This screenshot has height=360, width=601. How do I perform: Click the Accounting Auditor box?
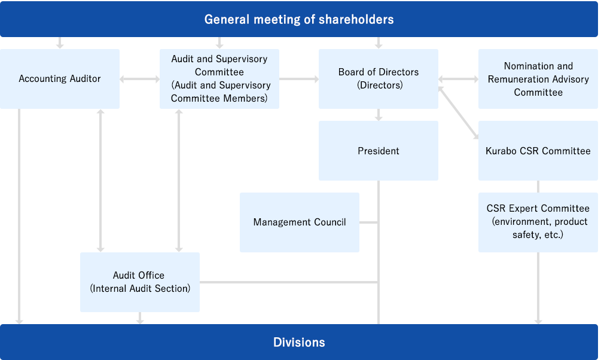(60, 78)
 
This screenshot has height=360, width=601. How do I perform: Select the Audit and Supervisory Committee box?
(219, 78)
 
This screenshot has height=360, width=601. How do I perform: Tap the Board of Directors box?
(379, 78)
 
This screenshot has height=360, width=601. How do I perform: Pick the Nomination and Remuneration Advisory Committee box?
(538, 78)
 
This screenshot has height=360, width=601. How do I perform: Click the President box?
(379, 151)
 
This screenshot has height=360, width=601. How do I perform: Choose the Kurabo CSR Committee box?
(538, 151)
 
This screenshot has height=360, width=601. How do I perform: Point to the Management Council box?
(300, 222)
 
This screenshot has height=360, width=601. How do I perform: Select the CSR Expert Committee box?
(538, 222)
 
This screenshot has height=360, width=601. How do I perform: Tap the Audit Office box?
(140, 282)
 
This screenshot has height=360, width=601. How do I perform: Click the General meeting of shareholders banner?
(299, 19)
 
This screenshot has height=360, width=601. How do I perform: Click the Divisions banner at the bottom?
(299, 342)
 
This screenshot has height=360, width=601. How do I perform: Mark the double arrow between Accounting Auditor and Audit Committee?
(139, 79)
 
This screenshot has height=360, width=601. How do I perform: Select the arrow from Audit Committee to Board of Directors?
(299, 79)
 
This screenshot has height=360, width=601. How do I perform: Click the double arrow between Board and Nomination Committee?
(459, 79)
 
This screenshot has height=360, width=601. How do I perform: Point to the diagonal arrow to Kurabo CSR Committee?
(459, 112)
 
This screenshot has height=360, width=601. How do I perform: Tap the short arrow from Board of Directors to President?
(379, 115)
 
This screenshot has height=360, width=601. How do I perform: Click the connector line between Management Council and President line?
(369, 222)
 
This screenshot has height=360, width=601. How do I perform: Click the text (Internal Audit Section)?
(140, 289)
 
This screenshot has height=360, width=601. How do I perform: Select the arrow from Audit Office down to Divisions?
(140, 318)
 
